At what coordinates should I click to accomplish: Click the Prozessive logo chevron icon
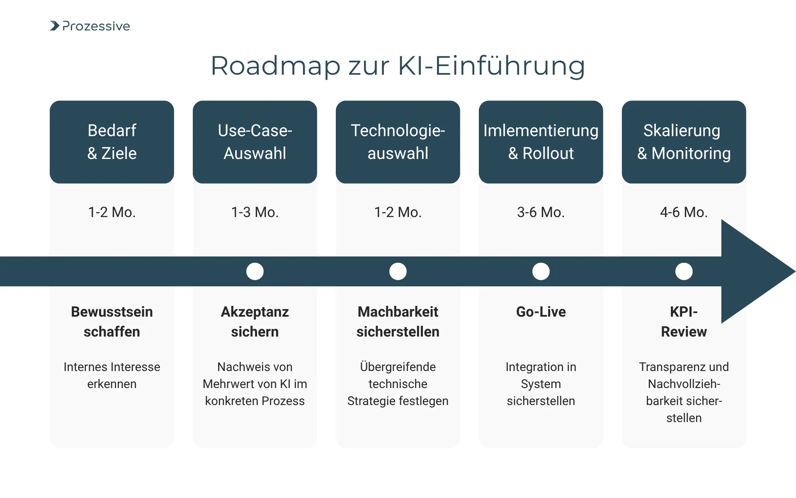tap(55, 26)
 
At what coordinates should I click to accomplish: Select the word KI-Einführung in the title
tap(491, 66)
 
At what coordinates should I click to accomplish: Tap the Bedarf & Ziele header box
tap(112, 142)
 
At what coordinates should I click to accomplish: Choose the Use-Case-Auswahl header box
tap(255, 142)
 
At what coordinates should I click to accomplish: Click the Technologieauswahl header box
tap(398, 142)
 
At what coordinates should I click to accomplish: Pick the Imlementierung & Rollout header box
tap(541, 142)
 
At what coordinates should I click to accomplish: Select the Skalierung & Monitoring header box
tap(684, 142)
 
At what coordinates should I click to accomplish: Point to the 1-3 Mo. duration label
tap(255, 212)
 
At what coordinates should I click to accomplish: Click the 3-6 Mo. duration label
tap(541, 212)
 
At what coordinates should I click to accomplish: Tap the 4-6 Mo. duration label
tap(684, 212)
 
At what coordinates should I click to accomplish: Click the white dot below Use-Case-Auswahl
tap(255, 271)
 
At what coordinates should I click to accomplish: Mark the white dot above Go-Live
tap(541, 271)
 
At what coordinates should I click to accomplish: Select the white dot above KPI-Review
tap(684, 271)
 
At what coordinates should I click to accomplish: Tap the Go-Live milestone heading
tap(541, 312)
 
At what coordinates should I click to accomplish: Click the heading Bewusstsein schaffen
tap(112, 322)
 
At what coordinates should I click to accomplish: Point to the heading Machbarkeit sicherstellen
tap(398, 322)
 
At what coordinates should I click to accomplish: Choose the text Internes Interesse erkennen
tap(112, 375)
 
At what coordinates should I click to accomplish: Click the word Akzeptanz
tap(255, 312)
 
